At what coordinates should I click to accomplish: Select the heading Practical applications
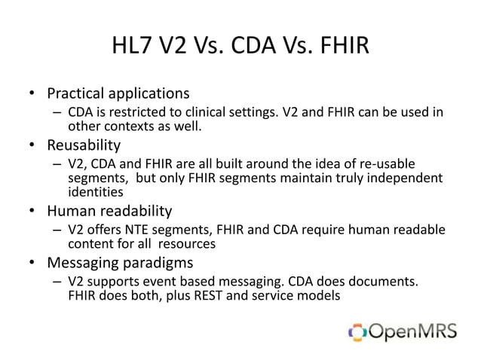(118, 95)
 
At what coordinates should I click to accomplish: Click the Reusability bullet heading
(84, 144)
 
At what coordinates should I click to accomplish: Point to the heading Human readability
(110, 211)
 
